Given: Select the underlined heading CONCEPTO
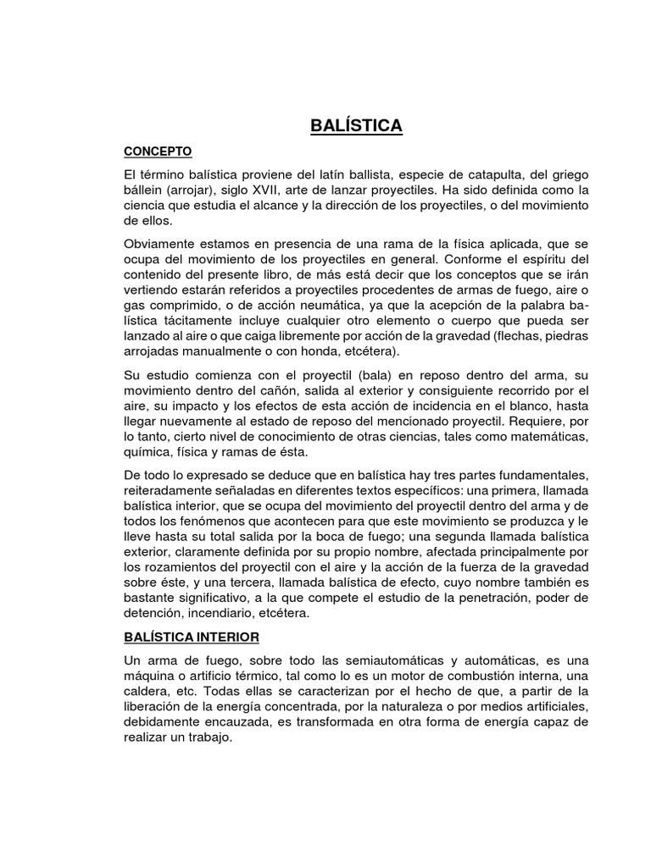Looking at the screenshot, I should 159,152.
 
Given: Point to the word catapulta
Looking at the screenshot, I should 459,174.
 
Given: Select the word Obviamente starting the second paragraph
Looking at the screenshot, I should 160,246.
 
